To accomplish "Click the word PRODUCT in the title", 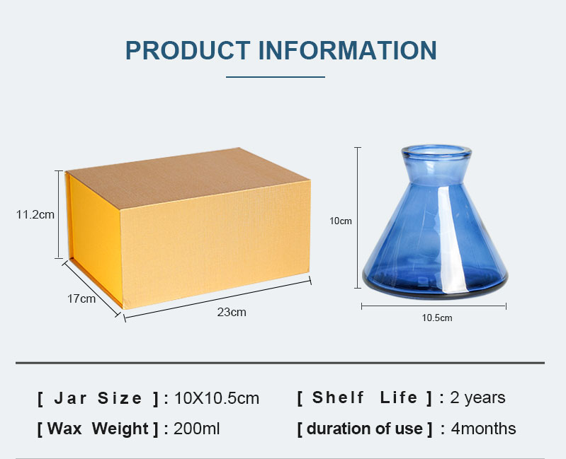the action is point(188,50).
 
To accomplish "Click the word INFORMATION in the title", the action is point(348,50).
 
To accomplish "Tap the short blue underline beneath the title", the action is point(276,77).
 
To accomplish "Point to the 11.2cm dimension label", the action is point(35,215).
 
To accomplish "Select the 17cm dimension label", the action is point(81,298).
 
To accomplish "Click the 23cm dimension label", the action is point(232,312).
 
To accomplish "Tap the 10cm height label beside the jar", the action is point(341,221).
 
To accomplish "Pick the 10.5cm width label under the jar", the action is point(437,318).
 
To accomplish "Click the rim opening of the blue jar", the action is point(436,151).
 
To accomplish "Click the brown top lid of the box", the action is point(188,178).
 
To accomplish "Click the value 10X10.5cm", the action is point(217,398).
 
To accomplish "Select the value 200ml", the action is point(196,429).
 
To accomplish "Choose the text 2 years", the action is point(477,397).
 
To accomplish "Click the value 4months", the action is point(483,429).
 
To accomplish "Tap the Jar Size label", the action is point(98,398).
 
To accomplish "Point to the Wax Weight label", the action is point(98,429).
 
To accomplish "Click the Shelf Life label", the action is point(365,397).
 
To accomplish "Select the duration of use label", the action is point(365,429).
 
